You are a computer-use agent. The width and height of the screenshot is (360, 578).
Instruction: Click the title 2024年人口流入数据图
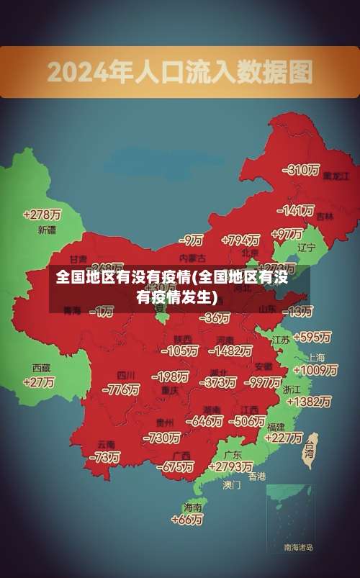point(180,71)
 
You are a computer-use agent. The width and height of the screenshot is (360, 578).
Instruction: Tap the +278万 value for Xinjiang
point(42,215)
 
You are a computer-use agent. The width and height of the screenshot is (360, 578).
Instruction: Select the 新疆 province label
point(46,230)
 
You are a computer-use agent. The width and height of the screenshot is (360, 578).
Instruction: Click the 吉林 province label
point(325,216)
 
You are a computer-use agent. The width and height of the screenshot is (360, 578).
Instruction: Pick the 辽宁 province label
point(307,248)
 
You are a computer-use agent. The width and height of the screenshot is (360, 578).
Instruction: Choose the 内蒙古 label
point(192,257)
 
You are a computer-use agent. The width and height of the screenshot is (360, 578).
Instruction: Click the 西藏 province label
point(41,367)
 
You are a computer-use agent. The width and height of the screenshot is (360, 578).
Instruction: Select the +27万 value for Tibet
point(39,381)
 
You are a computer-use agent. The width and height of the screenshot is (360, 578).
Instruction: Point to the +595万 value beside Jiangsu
point(312,336)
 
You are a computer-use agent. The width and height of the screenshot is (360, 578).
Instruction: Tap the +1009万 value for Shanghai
point(315,370)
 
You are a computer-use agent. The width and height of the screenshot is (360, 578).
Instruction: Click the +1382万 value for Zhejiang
point(308,402)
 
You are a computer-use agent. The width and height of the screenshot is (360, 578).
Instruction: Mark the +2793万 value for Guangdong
point(230,466)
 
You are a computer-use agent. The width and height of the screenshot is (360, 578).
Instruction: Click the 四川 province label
point(126,375)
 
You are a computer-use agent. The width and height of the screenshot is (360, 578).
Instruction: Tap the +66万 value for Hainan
point(187,519)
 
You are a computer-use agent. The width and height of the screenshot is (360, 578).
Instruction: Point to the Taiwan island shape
point(310,451)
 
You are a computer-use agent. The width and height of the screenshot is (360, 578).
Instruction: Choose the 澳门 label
point(232,485)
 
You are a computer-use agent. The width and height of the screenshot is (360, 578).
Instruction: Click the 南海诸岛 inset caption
point(299,548)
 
